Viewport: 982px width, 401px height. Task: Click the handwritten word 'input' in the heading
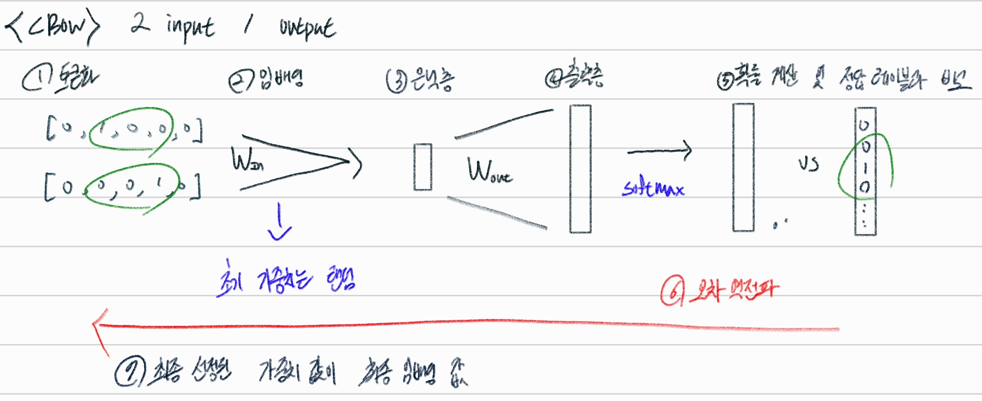(x=190, y=28)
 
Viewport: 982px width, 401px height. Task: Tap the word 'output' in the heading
(x=307, y=28)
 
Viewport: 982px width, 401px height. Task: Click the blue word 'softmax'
(x=652, y=189)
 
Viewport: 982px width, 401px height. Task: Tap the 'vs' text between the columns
(x=808, y=164)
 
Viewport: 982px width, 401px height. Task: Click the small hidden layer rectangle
(x=423, y=167)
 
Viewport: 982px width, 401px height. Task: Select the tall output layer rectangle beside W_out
(x=580, y=169)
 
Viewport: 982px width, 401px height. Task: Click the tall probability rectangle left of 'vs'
(x=743, y=167)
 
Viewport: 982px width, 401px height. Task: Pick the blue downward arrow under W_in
(x=280, y=222)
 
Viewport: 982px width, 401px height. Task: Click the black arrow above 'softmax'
(x=660, y=151)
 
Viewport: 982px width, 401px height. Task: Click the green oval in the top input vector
(x=132, y=128)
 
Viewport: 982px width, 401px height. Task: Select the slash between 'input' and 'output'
(x=248, y=24)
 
